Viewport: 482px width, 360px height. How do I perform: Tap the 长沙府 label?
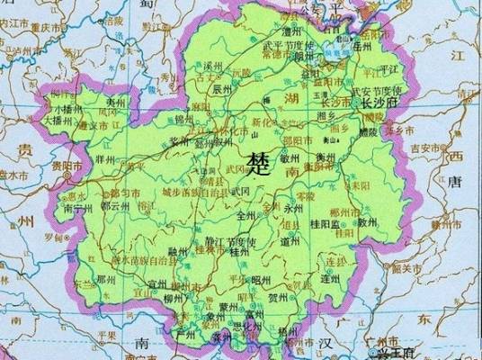click(x=379, y=103)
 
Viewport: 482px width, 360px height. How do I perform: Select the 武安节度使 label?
click(x=377, y=91)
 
